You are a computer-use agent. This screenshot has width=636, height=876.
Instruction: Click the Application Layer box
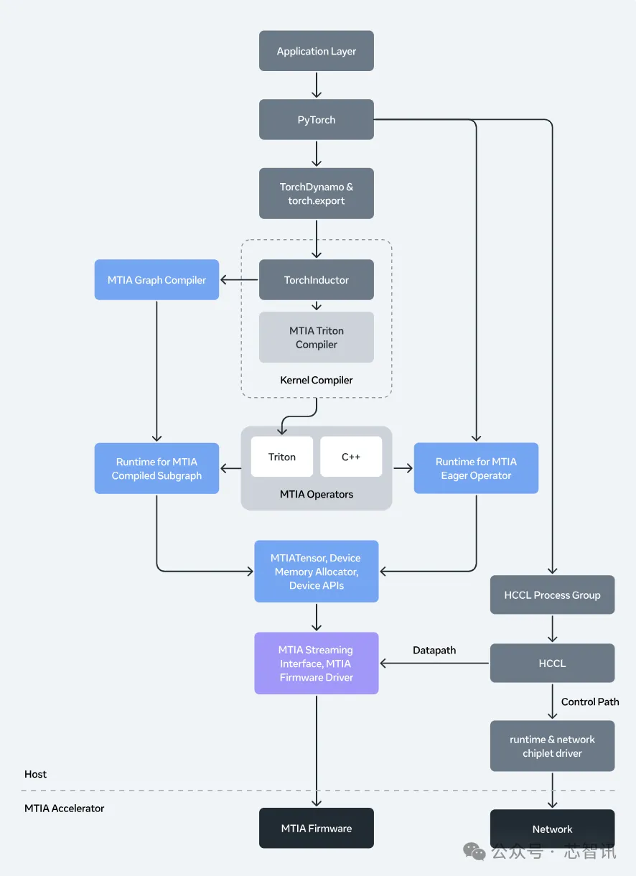(x=316, y=51)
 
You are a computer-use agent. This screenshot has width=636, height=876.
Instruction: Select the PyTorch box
(x=316, y=120)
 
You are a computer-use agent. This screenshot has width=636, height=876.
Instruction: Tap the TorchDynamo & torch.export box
(x=316, y=194)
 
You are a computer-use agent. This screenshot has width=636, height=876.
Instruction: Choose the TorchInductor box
(x=316, y=280)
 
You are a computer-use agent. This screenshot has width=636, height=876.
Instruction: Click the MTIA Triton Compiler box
(x=316, y=337)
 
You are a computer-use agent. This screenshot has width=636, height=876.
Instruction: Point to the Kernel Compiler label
(x=316, y=380)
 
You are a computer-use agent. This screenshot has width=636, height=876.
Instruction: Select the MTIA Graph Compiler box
(x=156, y=280)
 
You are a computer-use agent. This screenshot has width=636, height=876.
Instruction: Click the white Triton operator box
(x=281, y=457)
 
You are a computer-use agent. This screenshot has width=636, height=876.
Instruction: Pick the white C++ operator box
(x=350, y=457)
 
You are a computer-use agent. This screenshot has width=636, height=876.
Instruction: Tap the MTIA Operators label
(x=316, y=494)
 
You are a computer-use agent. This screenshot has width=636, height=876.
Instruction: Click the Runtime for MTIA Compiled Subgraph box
(x=156, y=468)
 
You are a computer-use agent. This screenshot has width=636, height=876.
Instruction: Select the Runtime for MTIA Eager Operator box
(x=476, y=468)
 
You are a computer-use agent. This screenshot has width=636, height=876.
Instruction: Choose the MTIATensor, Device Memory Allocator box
(x=316, y=572)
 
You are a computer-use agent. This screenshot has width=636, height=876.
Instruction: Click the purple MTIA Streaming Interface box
(x=316, y=663)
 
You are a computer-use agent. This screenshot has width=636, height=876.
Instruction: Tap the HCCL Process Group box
(x=552, y=595)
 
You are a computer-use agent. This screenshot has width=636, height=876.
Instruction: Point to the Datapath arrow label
(x=434, y=651)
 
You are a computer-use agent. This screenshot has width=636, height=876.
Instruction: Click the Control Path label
(x=590, y=702)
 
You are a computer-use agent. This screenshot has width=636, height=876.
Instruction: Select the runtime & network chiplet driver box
(x=552, y=746)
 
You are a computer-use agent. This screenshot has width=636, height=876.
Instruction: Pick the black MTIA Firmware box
(x=316, y=828)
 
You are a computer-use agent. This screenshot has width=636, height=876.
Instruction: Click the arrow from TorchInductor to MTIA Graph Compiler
(x=239, y=280)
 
